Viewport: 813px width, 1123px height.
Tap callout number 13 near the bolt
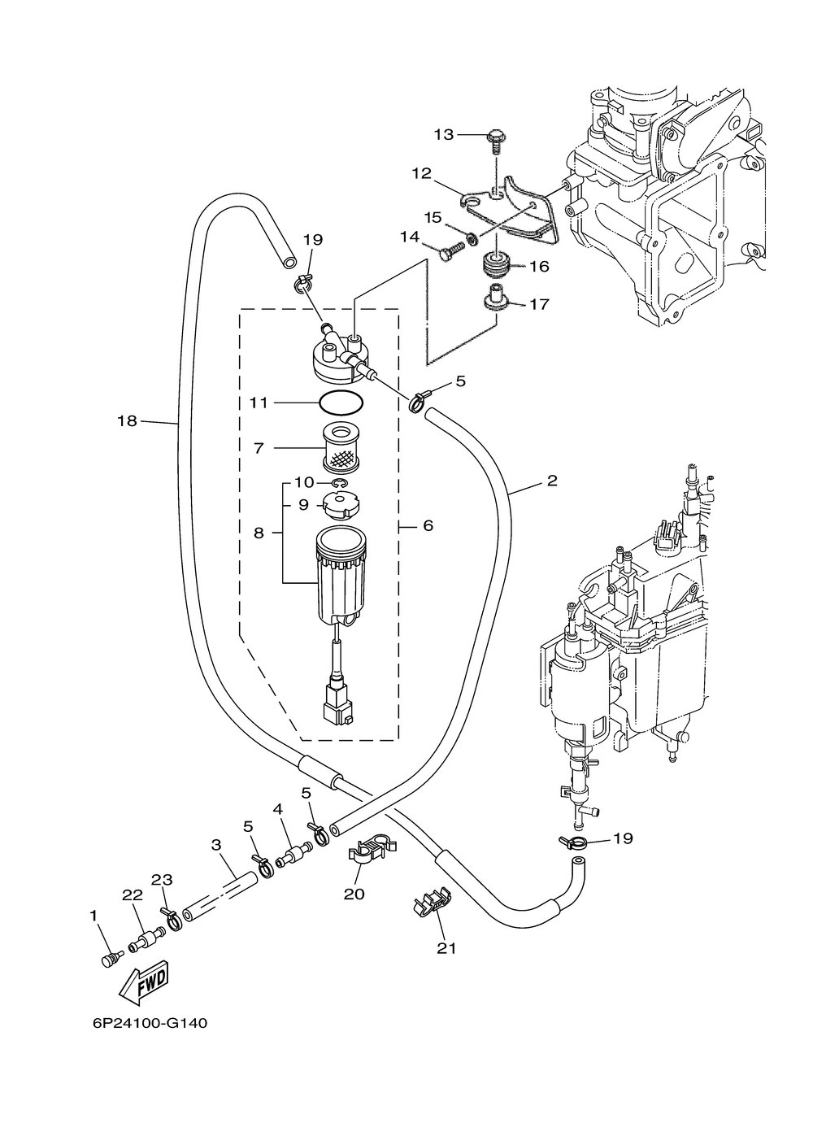click(444, 134)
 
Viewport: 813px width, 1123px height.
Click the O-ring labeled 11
click(341, 403)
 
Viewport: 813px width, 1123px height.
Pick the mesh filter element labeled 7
click(341, 448)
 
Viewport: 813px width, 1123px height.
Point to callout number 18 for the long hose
click(127, 420)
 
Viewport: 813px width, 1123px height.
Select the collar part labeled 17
click(496, 298)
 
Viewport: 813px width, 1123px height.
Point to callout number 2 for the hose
click(552, 481)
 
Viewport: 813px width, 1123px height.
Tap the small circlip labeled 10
click(339, 483)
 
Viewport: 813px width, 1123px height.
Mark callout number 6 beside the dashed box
click(428, 525)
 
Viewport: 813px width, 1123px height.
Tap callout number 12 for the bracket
click(421, 173)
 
